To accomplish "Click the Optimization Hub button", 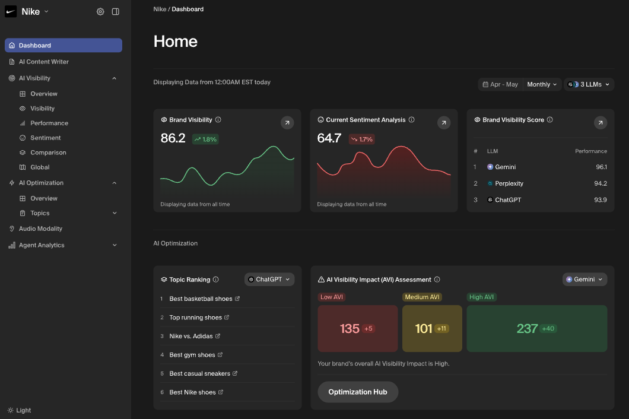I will pyautogui.click(x=358, y=392).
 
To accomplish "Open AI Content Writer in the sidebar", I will pyautogui.click(x=43, y=62).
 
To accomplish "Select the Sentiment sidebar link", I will pyautogui.click(x=46, y=138).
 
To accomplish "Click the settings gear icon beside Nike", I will pyautogui.click(x=100, y=12).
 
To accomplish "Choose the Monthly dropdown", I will pyautogui.click(x=542, y=84).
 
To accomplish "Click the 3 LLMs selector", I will pyautogui.click(x=588, y=84).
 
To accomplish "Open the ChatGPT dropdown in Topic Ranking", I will pyautogui.click(x=269, y=280).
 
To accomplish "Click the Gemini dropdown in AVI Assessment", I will pyautogui.click(x=584, y=280).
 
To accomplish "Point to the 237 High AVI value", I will pyautogui.click(x=527, y=328).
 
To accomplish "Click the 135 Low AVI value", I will pyautogui.click(x=350, y=328).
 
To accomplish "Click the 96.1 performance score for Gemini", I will pyautogui.click(x=601, y=167).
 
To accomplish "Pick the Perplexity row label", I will pyautogui.click(x=509, y=183).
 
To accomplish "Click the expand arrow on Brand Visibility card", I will pyautogui.click(x=287, y=123).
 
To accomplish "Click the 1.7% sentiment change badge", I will pyautogui.click(x=361, y=139).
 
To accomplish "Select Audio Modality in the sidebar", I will pyautogui.click(x=40, y=228).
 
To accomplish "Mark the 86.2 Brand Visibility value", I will pyautogui.click(x=173, y=138).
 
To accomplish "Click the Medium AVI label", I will pyautogui.click(x=422, y=297).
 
